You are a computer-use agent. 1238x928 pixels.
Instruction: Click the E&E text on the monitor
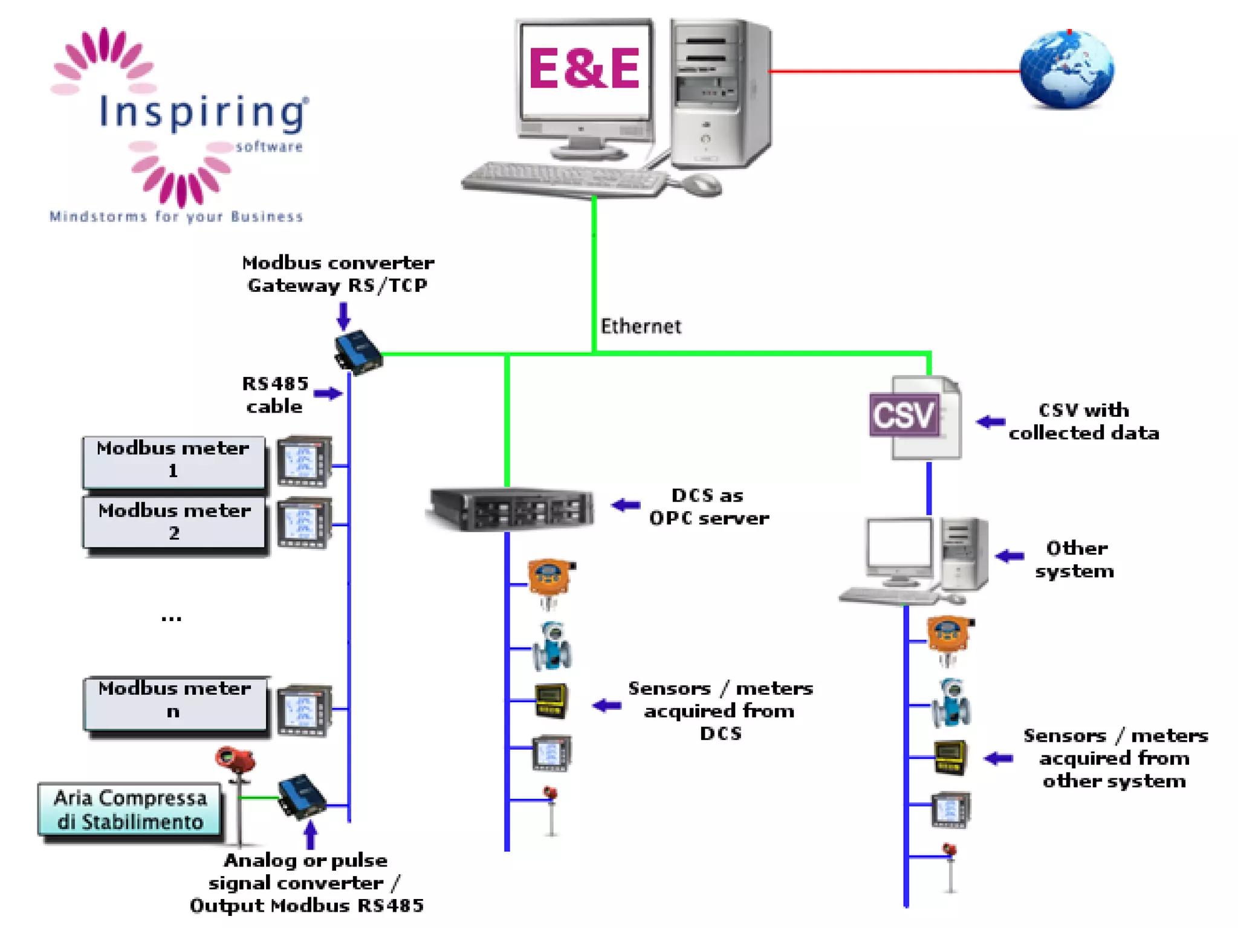click(584, 68)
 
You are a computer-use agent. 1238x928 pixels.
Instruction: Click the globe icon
click(1066, 69)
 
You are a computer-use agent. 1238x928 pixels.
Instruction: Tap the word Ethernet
click(640, 326)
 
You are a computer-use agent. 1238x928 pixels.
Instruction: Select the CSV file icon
click(914, 417)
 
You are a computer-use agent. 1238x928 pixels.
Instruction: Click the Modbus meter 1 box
click(173, 461)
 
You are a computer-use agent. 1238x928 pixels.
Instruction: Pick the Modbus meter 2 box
click(174, 523)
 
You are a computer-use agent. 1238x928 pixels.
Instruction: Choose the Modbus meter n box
click(174, 701)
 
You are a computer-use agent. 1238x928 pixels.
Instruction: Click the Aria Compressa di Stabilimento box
click(130, 810)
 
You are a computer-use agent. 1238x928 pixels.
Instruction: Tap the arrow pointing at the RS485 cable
click(328, 394)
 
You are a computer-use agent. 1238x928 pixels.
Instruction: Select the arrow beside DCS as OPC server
click(626, 505)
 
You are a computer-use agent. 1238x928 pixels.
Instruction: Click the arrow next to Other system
click(1009, 556)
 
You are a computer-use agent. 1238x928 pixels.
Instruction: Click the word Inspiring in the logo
click(203, 113)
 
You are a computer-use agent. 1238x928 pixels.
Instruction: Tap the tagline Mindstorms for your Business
click(176, 217)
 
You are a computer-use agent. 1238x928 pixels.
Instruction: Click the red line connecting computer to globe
click(895, 71)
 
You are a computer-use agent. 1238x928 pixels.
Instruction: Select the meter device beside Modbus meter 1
click(304, 462)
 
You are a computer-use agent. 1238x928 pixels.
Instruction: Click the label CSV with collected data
click(1083, 421)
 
